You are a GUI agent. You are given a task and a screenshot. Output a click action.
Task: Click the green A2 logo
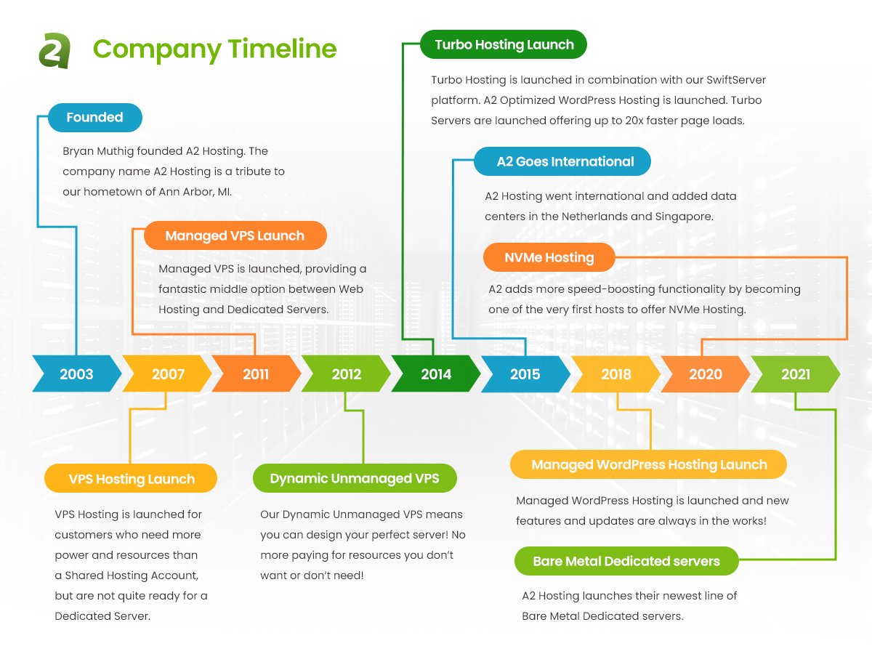(x=54, y=51)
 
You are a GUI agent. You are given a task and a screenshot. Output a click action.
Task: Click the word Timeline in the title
(x=282, y=49)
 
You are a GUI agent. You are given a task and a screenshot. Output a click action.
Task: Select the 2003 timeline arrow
(x=77, y=374)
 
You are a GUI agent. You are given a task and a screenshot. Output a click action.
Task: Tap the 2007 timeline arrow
(x=167, y=374)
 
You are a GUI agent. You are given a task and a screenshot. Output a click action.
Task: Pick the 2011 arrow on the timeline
(x=257, y=374)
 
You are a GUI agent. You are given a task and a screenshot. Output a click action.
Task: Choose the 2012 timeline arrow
(x=346, y=374)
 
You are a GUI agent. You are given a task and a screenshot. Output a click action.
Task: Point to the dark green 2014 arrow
(x=436, y=374)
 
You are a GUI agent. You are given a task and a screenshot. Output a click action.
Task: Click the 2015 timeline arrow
(x=525, y=374)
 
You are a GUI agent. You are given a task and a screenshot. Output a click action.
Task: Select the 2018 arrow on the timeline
(x=615, y=374)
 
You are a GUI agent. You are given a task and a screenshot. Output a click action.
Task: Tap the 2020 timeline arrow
(x=706, y=374)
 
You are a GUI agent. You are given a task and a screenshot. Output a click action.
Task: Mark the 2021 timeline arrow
(x=795, y=374)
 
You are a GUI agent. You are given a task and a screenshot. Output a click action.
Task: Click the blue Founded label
(x=95, y=118)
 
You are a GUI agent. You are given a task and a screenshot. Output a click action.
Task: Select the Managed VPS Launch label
(x=235, y=235)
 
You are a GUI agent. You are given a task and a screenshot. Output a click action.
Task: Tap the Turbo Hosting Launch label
(x=504, y=44)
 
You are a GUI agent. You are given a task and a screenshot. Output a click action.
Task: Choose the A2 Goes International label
(x=562, y=161)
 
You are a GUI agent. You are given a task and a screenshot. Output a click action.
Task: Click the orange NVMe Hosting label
(x=549, y=257)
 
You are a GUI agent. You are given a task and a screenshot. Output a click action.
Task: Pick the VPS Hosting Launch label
(x=131, y=478)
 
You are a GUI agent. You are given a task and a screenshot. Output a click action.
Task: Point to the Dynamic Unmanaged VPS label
(x=355, y=478)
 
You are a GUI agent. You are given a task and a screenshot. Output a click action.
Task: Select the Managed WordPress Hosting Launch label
(x=648, y=464)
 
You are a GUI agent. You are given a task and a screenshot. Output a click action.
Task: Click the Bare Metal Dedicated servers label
(x=626, y=561)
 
